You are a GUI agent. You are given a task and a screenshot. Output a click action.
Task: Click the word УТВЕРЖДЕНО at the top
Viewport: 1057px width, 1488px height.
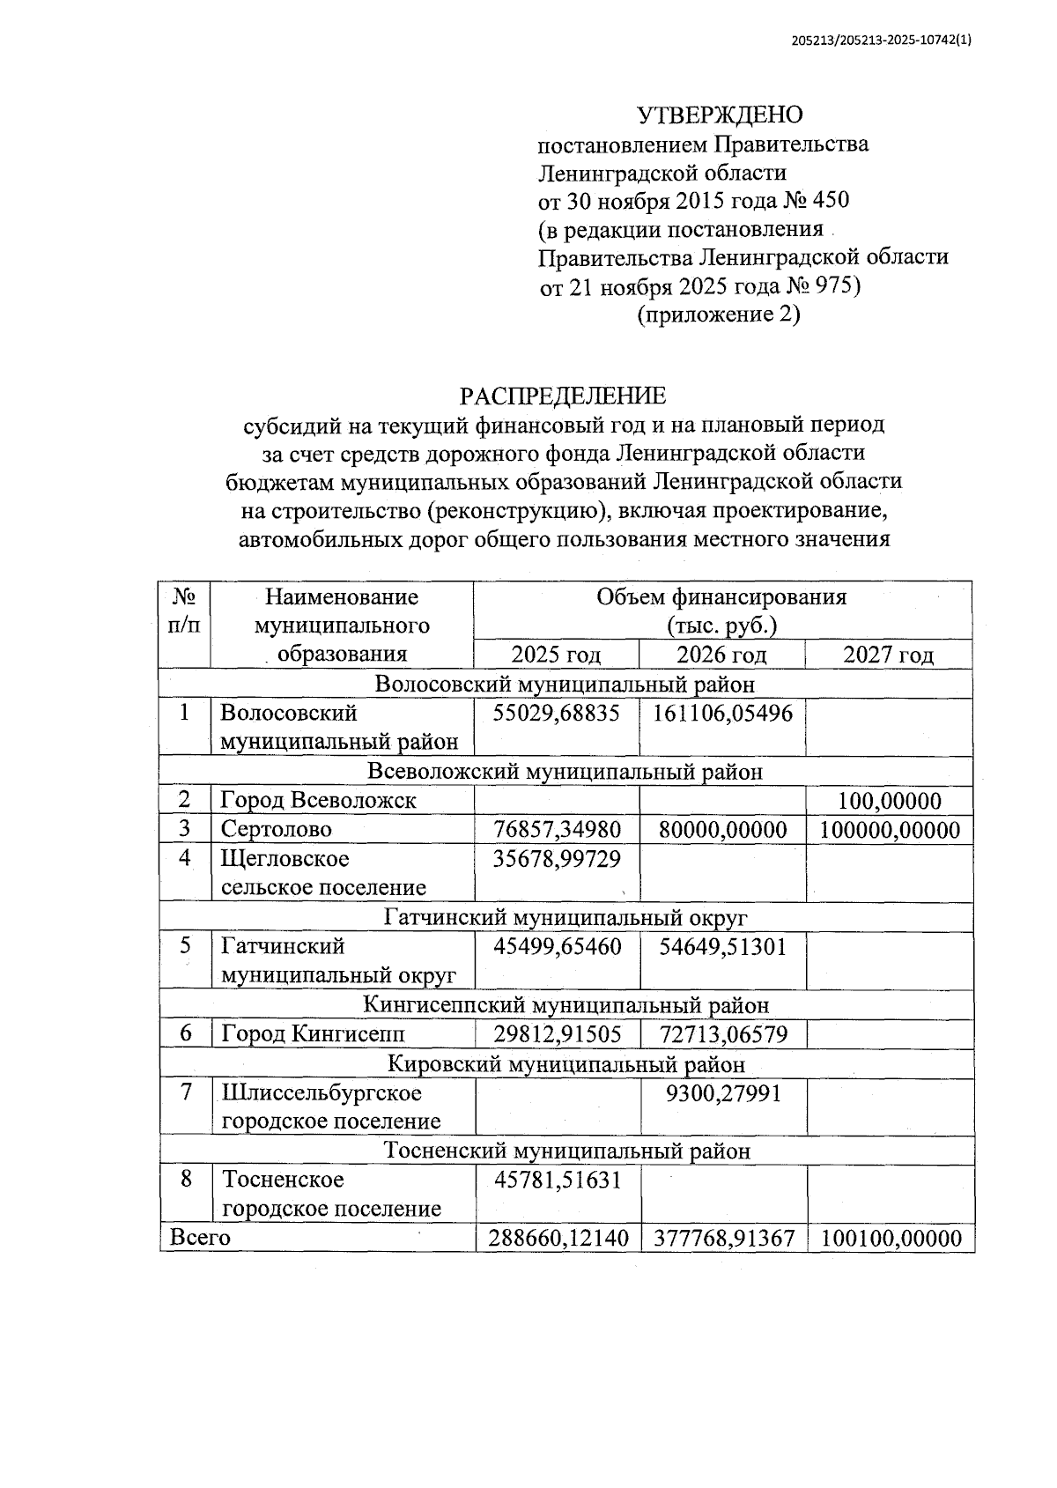click(x=720, y=115)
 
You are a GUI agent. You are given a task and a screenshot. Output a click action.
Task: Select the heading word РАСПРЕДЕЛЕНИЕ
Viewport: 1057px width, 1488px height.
click(x=563, y=396)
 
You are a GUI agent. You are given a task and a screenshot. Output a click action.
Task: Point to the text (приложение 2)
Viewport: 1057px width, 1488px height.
click(x=719, y=315)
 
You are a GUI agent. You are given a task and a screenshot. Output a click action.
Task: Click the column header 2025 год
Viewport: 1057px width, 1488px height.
click(x=556, y=655)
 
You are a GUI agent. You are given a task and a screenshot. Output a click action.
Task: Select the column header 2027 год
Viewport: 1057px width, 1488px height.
click(x=888, y=655)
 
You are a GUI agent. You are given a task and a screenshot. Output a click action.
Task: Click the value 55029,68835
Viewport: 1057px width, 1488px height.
click(x=556, y=713)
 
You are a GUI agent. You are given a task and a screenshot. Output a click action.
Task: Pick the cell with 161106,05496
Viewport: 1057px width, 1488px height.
click(x=722, y=713)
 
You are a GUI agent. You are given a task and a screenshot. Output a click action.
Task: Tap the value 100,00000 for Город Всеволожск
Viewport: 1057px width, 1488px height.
click(x=890, y=801)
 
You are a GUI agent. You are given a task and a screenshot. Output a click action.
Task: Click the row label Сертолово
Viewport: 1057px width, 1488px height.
click(x=277, y=829)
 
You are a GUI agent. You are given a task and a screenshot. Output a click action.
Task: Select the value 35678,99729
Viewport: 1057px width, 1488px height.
click(x=556, y=858)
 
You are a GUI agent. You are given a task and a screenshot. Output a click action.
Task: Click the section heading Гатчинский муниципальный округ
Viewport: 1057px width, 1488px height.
click(x=565, y=917)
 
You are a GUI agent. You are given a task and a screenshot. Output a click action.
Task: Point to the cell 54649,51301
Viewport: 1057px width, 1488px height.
click(x=722, y=947)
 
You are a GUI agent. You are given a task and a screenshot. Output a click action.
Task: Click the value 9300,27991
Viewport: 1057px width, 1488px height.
click(x=722, y=1093)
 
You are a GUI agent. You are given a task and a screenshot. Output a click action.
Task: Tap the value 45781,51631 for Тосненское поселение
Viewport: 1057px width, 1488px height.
click(x=556, y=1179)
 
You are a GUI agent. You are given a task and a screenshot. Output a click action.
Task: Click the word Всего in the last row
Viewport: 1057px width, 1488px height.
click(x=200, y=1238)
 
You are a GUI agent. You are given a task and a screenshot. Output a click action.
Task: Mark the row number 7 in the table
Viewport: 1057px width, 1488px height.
click(x=185, y=1092)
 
